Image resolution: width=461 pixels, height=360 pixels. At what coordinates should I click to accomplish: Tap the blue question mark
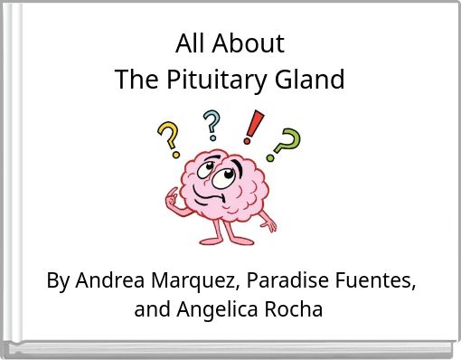[212, 126]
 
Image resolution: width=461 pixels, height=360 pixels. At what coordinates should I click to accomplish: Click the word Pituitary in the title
[216, 81]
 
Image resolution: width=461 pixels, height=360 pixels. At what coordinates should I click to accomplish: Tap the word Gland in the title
[313, 81]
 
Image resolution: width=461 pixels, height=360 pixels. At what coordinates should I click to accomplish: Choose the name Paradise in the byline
[270, 281]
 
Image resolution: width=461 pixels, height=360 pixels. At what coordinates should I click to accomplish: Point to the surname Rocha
[291, 310]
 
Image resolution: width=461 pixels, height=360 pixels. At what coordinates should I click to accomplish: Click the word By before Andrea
[58, 281]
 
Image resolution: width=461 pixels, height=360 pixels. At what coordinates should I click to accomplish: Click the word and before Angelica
[150, 310]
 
